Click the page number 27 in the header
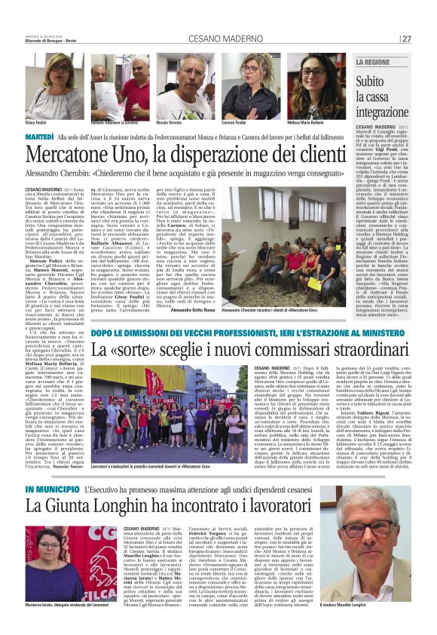click(x=407, y=38)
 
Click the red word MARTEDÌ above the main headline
click(x=39, y=136)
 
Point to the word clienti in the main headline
click(x=312, y=155)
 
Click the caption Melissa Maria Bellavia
click(x=311, y=121)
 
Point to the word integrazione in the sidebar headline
click(x=383, y=112)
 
